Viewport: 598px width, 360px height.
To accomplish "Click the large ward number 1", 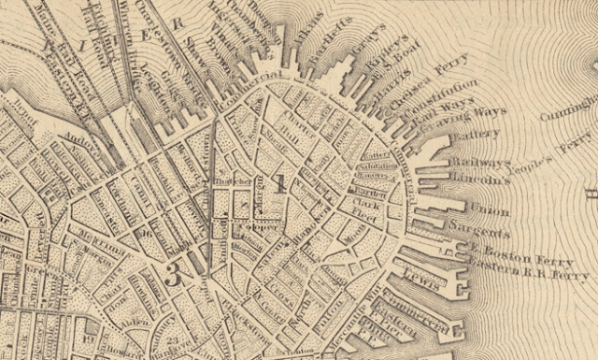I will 279,182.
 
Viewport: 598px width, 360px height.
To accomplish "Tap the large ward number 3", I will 172,274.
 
